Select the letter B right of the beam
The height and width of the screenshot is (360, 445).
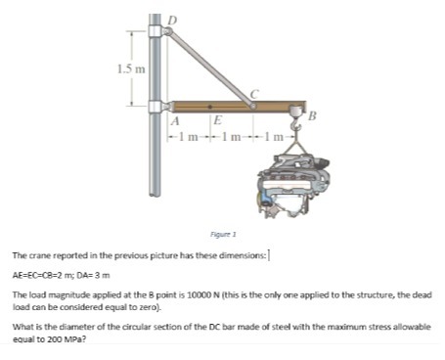coord(312,118)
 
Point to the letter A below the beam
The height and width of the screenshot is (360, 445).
coord(176,121)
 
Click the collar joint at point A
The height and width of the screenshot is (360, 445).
coord(158,105)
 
